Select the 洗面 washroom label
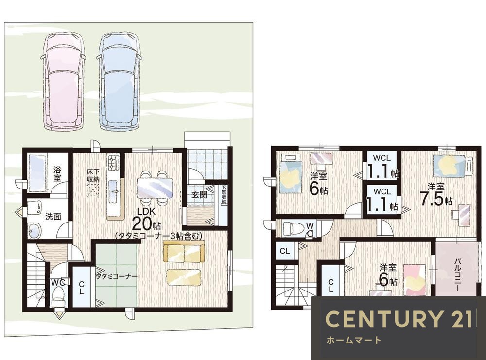53,216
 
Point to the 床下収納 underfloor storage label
93,175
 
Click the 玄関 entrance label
199,195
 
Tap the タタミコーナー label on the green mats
116,276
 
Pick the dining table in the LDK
155,188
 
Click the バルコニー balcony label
457,274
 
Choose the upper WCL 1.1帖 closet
382,165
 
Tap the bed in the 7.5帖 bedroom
449,166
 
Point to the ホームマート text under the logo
354,340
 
